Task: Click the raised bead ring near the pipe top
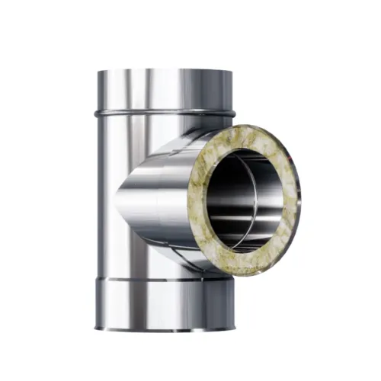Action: [152, 114]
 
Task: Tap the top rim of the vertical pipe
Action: [164, 70]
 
